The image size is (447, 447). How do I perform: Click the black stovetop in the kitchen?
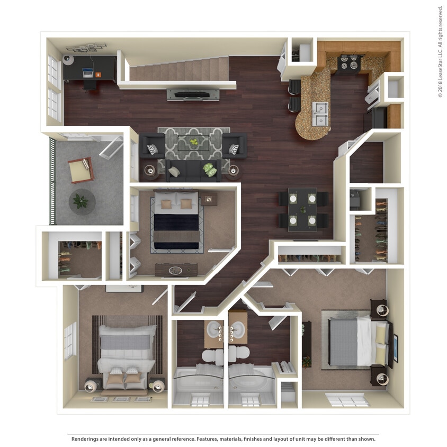pos(350,63)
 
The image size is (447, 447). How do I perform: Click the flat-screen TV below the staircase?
pos(193,95)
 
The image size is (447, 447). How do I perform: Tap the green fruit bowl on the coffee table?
pos(195,142)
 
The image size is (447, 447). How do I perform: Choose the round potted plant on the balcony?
pos(82,201)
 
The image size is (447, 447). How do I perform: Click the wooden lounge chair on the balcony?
pos(81,169)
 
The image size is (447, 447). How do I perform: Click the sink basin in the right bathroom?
pos(238,330)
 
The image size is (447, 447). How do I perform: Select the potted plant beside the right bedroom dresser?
pos(306,360)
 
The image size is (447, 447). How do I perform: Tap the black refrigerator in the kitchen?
pos(379,118)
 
